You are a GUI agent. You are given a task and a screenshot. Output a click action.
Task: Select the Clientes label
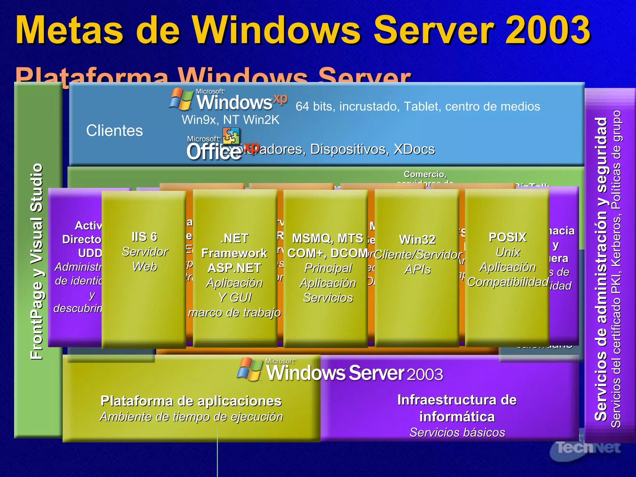coord(114,130)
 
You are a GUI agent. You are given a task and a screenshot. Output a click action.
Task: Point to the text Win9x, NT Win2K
coord(230,120)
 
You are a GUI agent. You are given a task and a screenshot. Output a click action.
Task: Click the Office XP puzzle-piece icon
coord(231,136)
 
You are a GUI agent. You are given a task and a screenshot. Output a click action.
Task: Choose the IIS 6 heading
coord(144,237)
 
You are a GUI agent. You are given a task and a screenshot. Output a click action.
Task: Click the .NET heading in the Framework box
coord(234,238)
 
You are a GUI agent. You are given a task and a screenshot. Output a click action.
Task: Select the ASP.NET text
coord(234,268)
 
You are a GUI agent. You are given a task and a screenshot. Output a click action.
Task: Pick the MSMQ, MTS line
coord(328,238)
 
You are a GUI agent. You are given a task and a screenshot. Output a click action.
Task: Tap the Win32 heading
coord(417,240)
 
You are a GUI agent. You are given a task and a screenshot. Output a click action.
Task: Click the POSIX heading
coord(508,238)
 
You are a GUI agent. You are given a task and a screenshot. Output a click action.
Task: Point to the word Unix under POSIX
coord(508,252)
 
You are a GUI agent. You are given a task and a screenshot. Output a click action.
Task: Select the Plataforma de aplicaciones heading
coord(191,401)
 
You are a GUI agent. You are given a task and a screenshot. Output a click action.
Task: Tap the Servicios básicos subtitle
coord(457,432)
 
